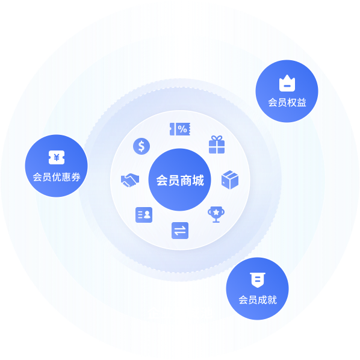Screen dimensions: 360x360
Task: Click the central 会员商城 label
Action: [x=180, y=180]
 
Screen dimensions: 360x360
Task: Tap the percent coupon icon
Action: [x=180, y=129]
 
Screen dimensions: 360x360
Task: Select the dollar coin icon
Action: [x=141, y=146]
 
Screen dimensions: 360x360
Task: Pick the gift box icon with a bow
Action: [x=217, y=144]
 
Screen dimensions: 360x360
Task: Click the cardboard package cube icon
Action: [x=230, y=180]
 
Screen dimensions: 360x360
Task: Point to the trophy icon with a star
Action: [x=216, y=214]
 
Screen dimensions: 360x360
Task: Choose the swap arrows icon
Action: [x=180, y=231]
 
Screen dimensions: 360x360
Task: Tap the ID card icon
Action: [x=144, y=215]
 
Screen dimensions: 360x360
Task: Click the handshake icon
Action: [x=130, y=180]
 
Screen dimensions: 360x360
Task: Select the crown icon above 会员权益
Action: [x=287, y=83]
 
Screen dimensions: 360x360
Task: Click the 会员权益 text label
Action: [x=287, y=102]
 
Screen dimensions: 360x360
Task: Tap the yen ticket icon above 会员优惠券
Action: [x=57, y=158]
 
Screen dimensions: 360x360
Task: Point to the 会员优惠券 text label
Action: [x=57, y=177]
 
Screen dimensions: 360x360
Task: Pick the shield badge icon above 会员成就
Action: [x=258, y=280]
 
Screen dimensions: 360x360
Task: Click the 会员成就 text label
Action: [x=258, y=300]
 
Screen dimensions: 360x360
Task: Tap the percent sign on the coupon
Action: [x=182, y=129]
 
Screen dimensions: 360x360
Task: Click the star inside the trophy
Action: [x=216, y=212]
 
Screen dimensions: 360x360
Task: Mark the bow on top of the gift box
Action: [x=217, y=138]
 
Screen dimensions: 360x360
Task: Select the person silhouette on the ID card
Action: [x=147, y=215]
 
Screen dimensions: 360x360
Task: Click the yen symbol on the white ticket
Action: [x=57, y=158]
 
